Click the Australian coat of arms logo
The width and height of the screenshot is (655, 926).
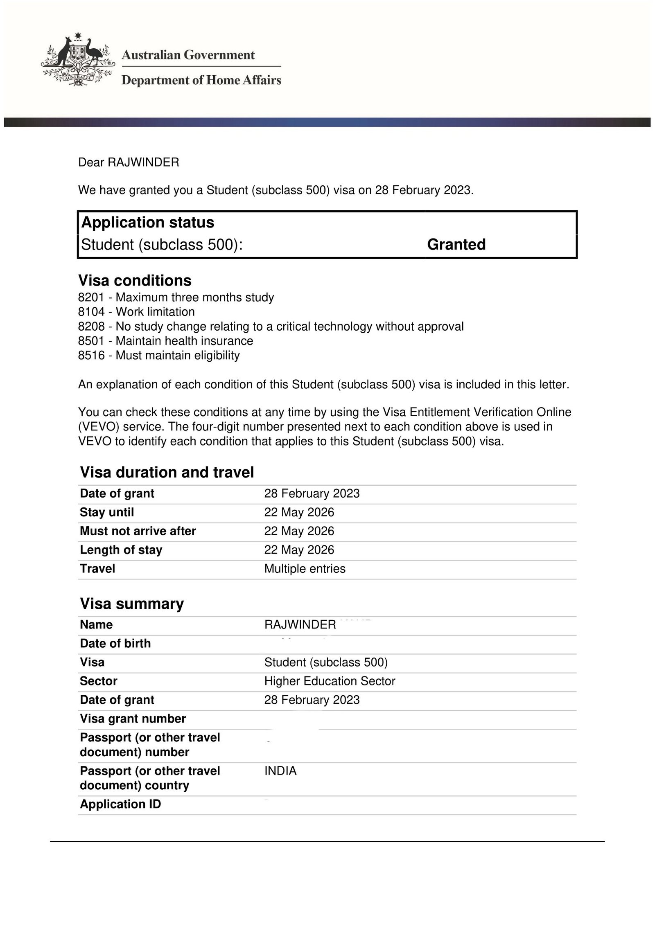point(77,61)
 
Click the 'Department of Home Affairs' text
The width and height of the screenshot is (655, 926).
point(201,80)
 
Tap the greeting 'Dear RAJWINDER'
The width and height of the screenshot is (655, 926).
point(129,162)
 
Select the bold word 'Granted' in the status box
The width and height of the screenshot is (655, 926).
point(456,244)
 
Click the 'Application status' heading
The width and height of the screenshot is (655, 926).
point(148,222)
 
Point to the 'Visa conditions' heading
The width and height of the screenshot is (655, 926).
point(135,280)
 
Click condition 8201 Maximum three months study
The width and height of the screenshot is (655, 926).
point(176,297)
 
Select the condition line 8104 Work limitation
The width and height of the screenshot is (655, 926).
point(136,312)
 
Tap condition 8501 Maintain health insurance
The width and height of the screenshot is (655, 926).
point(165,340)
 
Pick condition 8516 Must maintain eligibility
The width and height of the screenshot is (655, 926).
point(159,355)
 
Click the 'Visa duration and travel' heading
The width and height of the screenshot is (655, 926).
point(167,472)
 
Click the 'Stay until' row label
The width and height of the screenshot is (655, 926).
point(107,512)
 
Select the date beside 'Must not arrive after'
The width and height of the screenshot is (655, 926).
point(299,531)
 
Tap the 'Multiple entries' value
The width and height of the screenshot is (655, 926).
point(305,569)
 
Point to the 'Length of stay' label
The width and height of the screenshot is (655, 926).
point(121,550)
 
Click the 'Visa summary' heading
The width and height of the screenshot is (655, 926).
point(132,604)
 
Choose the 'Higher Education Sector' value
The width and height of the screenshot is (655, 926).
point(330,681)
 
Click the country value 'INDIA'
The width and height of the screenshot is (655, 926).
point(280,771)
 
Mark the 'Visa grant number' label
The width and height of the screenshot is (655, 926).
point(133,719)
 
